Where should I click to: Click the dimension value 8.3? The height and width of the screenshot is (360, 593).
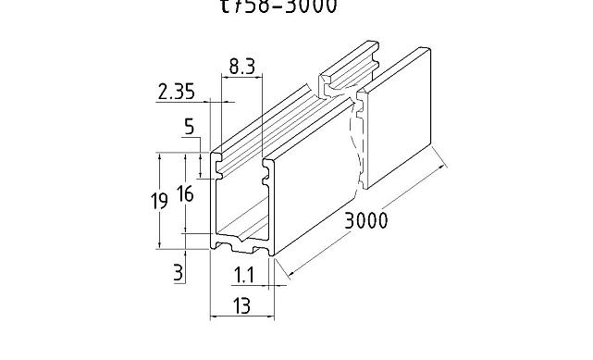(x=243, y=66)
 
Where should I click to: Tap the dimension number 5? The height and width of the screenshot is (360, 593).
(x=189, y=128)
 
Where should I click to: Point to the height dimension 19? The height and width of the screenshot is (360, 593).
(x=158, y=199)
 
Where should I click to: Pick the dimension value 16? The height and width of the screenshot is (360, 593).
(x=185, y=193)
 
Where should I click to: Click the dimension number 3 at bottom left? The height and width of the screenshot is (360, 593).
(x=179, y=271)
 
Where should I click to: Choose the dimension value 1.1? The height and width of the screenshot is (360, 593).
(x=244, y=275)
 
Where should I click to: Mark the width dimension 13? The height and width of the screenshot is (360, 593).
(x=241, y=305)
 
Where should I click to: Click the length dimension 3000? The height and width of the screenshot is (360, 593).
(x=365, y=222)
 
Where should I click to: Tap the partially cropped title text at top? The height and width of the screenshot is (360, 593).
(x=278, y=7)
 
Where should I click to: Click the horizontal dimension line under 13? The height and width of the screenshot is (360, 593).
(x=241, y=317)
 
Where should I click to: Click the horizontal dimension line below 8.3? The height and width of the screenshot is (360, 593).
(x=242, y=78)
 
